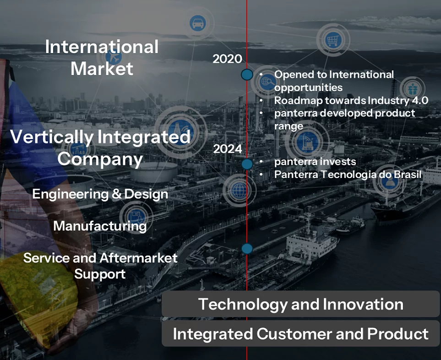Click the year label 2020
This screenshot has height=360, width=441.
(x=227, y=59)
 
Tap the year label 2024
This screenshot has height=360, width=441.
(x=228, y=149)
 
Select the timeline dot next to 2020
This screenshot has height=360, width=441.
(x=247, y=75)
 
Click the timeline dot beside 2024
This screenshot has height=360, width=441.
(x=247, y=164)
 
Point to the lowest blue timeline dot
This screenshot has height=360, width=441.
(x=247, y=248)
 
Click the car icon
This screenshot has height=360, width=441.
(x=197, y=23)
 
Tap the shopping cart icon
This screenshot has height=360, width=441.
(x=333, y=40)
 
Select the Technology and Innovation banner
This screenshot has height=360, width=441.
(x=300, y=304)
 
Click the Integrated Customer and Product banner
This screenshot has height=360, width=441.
(x=300, y=333)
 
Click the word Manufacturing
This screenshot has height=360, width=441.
(x=100, y=226)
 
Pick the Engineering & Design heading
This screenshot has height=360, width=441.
(x=100, y=194)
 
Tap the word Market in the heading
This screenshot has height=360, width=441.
(x=102, y=69)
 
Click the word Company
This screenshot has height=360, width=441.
(x=100, y=159)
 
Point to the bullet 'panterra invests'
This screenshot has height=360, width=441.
(x=315, y=161)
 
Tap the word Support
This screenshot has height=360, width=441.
(x=100, y=274)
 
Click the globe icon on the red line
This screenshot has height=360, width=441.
(x=240, y=190)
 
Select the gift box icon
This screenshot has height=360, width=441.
(x=412, y=89)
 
